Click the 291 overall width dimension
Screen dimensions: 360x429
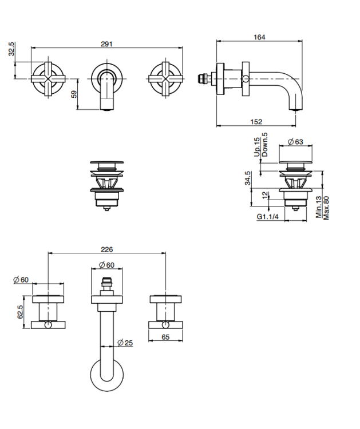tap(106, 44)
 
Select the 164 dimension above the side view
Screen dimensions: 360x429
tap(259, 37)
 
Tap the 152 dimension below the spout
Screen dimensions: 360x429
tap(256, 121)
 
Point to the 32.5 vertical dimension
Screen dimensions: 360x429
tap(11, 49)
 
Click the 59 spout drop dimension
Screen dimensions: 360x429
tap(74, 94)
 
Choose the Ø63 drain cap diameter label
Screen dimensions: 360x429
tap(295, 141)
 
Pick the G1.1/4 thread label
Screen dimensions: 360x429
tap(267, 217)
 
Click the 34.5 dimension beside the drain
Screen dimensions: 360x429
tap(248, 178)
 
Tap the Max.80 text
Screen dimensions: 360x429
tap(326, 208)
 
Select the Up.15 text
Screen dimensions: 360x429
tap(256, 146)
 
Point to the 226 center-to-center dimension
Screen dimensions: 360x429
tap(106, 249)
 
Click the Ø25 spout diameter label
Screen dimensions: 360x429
tap(125, 343)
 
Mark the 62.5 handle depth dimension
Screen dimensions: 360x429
tap(20, 312)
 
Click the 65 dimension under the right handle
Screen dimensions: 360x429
tap(165, 337)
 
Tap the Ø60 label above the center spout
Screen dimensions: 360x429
tap(106, 265)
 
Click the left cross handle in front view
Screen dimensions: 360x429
tap(49, 80)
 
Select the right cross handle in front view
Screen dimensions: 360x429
tap(165, 80)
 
